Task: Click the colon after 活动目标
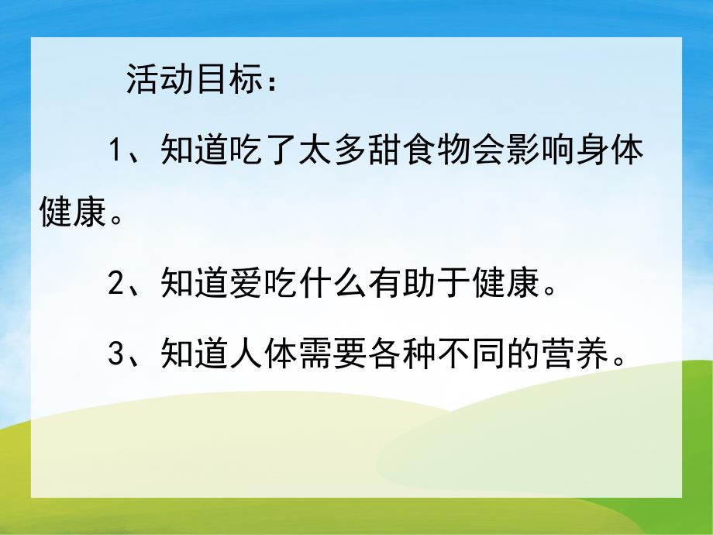click(x=271, y=83)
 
